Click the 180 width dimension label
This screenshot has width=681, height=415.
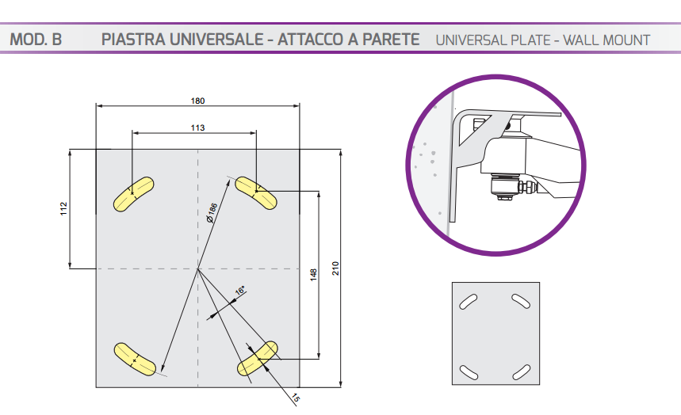click(197, 101)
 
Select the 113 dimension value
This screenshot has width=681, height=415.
click(197, 128)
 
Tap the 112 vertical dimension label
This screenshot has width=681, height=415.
click(64, 208)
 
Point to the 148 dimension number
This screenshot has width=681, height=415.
click(314, 275)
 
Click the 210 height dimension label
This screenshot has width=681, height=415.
click(335, 268)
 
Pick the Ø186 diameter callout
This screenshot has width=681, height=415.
click(212, 213)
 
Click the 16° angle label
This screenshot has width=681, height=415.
click(239, 291)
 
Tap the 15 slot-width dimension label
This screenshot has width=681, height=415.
click(296, 398)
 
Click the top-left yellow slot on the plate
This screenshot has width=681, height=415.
click(133, 194)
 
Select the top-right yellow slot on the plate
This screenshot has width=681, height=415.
click(256, 192)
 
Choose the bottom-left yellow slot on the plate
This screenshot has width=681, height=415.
click(135, 359)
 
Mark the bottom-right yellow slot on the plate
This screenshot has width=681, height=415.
click(258, 358)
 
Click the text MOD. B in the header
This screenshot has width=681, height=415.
click(36, 40)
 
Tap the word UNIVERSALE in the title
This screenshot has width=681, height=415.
click(216, 40)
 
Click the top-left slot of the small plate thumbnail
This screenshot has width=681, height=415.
click(469, 301)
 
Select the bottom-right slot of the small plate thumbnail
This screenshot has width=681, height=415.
click(521, 372)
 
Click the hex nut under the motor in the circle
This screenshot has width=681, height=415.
click(503, 197)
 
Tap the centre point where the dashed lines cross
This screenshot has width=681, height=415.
click(197, 268)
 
